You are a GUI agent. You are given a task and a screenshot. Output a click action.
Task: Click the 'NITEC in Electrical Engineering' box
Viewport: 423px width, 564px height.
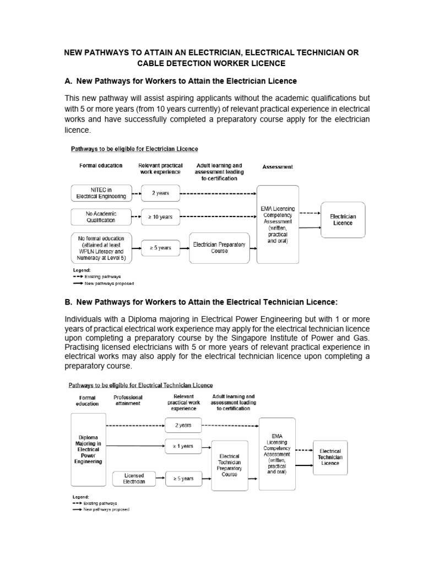click(x=101, y=193)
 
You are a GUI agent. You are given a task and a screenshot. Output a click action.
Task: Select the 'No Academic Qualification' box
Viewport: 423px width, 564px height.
click(x=101, y=216)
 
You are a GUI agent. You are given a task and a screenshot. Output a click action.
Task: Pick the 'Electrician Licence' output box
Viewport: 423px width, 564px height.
click(x=343, y=220)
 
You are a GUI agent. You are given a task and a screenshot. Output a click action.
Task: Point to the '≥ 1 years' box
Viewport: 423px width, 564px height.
click(x=183, y=446)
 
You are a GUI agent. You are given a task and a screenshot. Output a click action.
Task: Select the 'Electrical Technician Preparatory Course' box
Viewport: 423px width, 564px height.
click(x=229, y=465)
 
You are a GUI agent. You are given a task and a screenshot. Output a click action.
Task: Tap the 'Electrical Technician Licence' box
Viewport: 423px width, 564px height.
click(x=330, y=457)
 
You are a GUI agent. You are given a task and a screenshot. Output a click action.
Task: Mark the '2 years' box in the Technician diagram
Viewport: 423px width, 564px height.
click(x=183, y=425)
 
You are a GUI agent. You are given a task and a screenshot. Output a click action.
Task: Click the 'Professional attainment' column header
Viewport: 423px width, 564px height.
click(x=128, y=400)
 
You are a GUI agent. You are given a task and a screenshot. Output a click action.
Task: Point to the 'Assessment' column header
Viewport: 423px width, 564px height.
click(x=278, y=166)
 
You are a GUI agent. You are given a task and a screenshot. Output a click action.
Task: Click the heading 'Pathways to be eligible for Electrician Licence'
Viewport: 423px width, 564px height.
click(x=134, y=149)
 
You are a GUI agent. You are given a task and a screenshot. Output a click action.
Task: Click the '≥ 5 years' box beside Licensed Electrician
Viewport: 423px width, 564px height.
click(x=183, y=479)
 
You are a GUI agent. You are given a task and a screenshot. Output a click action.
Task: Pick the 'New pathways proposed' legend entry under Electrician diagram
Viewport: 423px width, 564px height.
click(x=102, y=284)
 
